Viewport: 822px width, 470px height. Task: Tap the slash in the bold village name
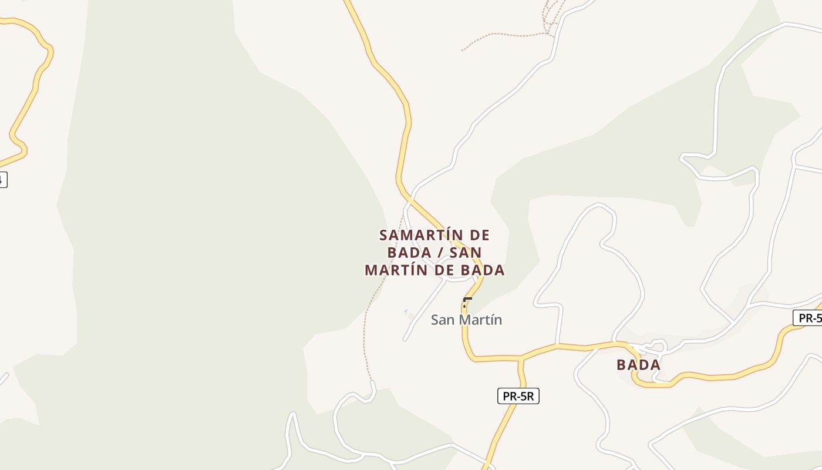440,253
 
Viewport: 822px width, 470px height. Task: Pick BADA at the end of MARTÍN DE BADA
483,270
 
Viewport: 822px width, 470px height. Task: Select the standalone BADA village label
638,365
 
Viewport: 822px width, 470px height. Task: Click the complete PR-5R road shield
518,396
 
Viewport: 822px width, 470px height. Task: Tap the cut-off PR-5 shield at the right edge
809,318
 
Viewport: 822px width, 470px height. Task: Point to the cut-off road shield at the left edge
2,180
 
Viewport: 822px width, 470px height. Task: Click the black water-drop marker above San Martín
464,305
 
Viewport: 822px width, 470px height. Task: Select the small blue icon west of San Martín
406,311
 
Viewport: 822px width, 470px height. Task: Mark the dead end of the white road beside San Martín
405,340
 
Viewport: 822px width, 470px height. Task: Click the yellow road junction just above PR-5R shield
520,358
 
